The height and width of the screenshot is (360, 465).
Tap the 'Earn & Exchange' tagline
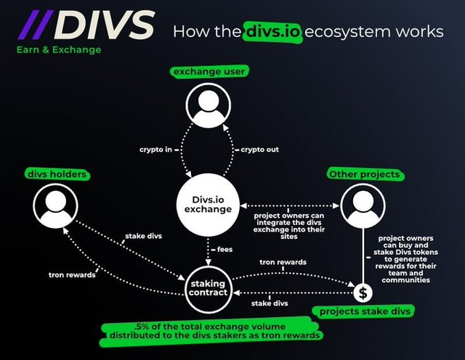click(x=59, y=50)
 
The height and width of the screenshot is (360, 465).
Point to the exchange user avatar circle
click(x=207, y=106)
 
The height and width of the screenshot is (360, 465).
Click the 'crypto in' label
click(x=156, y=150)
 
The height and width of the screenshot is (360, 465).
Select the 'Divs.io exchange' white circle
click(x=207, y=202)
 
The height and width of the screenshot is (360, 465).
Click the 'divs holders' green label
click(x=56, y=174)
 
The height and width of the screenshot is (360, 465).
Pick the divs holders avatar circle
click(x=56, y=205)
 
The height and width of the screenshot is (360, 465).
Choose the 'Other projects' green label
click(x=364, y=174)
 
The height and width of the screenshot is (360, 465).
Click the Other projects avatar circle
click(x=363, y=205)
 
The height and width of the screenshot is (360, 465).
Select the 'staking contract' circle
click(x=208, y=287)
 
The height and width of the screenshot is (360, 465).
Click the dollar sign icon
click(x=363, y=293)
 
